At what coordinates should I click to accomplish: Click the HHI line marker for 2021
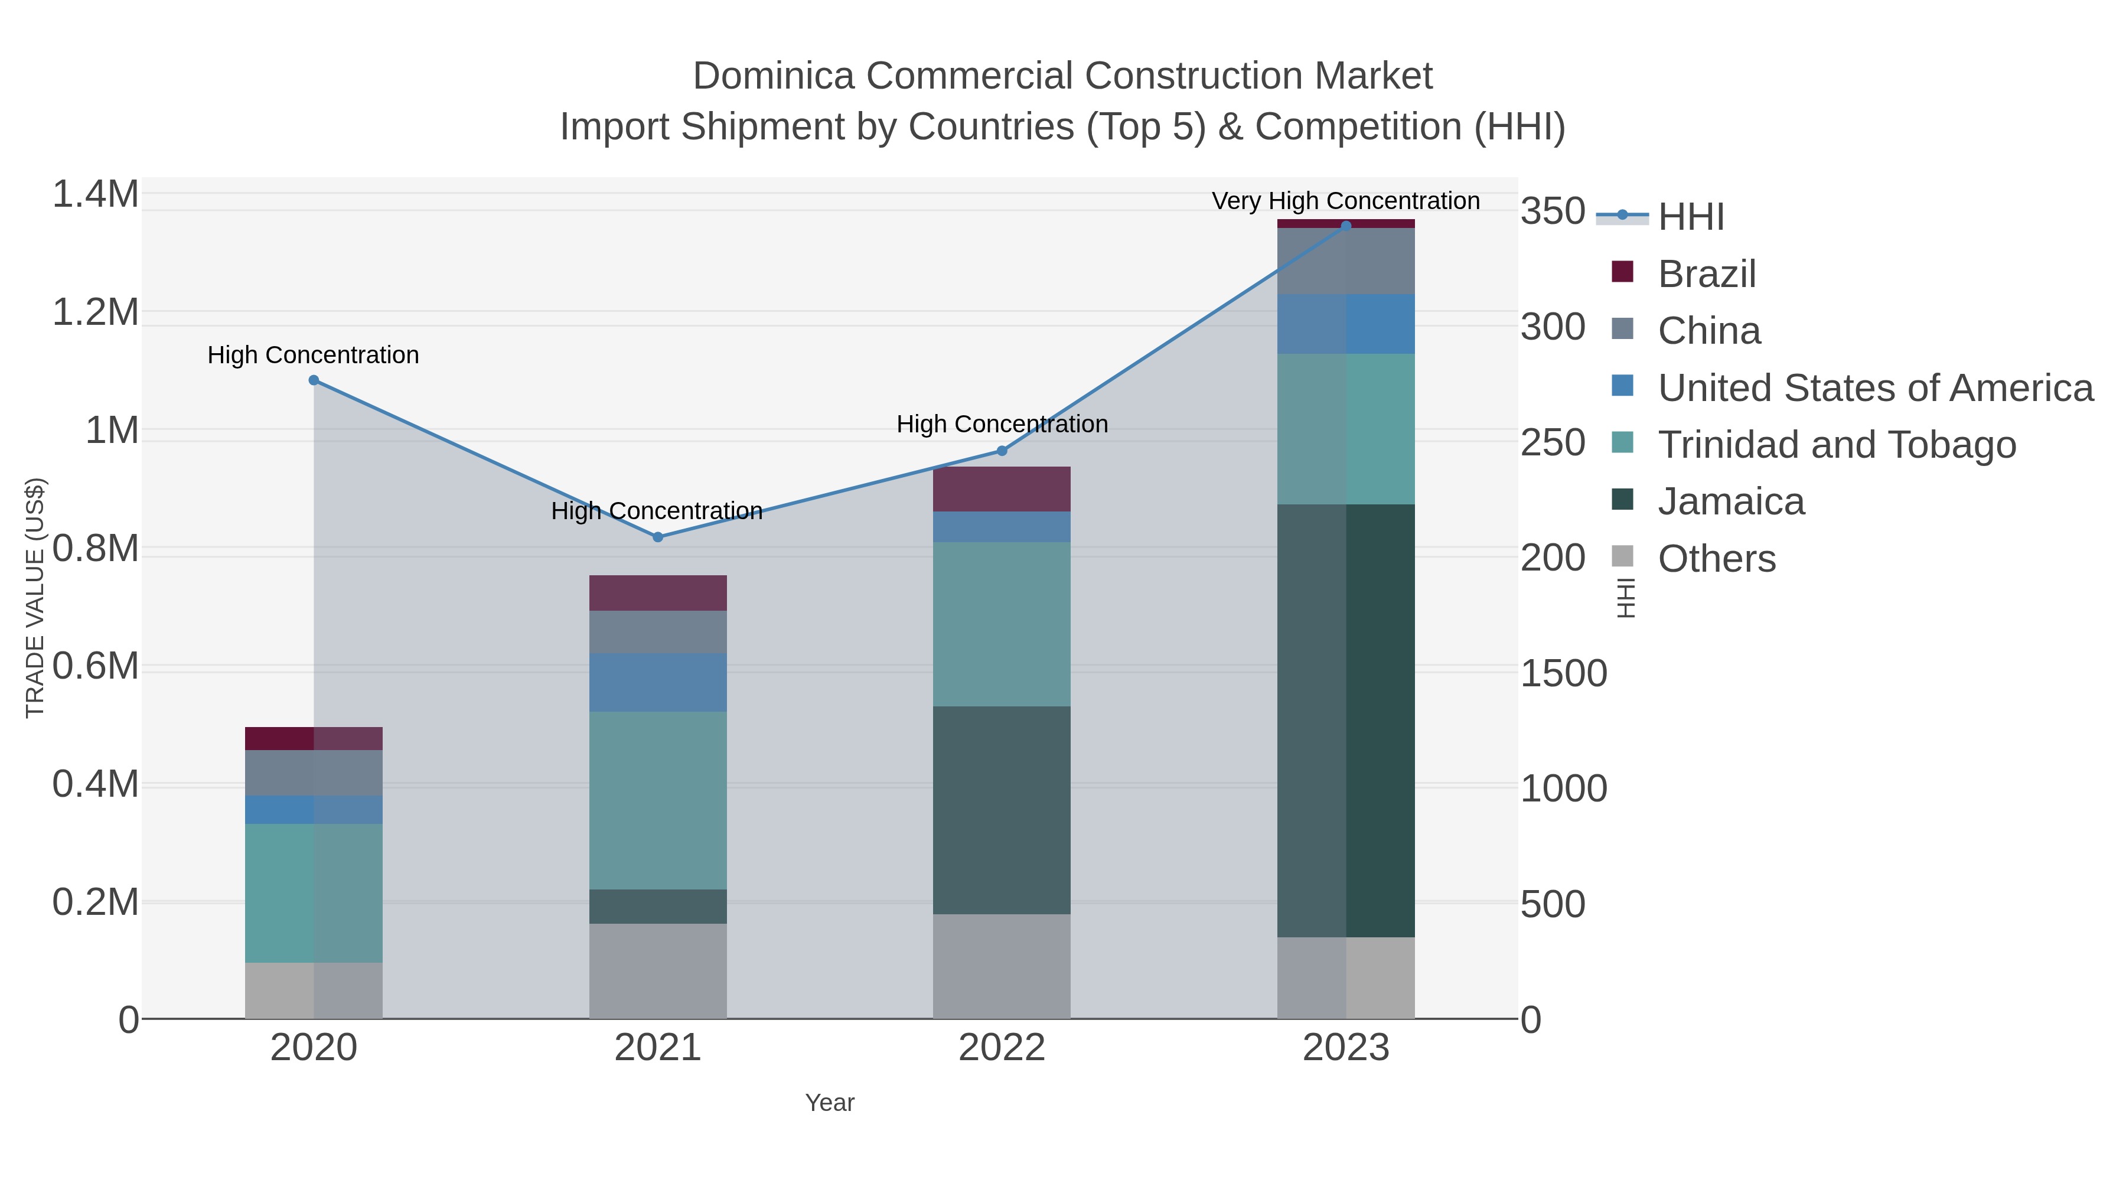658,537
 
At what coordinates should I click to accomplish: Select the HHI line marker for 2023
1346,226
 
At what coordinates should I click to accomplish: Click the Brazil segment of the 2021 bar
658,592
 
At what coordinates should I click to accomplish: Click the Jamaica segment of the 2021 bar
658,906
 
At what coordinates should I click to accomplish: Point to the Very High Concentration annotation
1345,201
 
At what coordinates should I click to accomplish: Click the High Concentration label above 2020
313,355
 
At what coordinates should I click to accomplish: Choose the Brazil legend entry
1706,274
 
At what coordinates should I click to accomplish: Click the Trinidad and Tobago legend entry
1836,445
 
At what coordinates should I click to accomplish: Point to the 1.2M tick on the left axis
96,313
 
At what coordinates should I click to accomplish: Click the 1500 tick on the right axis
1563,673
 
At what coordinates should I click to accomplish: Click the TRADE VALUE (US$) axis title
35,598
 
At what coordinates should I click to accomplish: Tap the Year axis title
830,1103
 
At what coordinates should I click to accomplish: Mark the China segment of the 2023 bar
1346,261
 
